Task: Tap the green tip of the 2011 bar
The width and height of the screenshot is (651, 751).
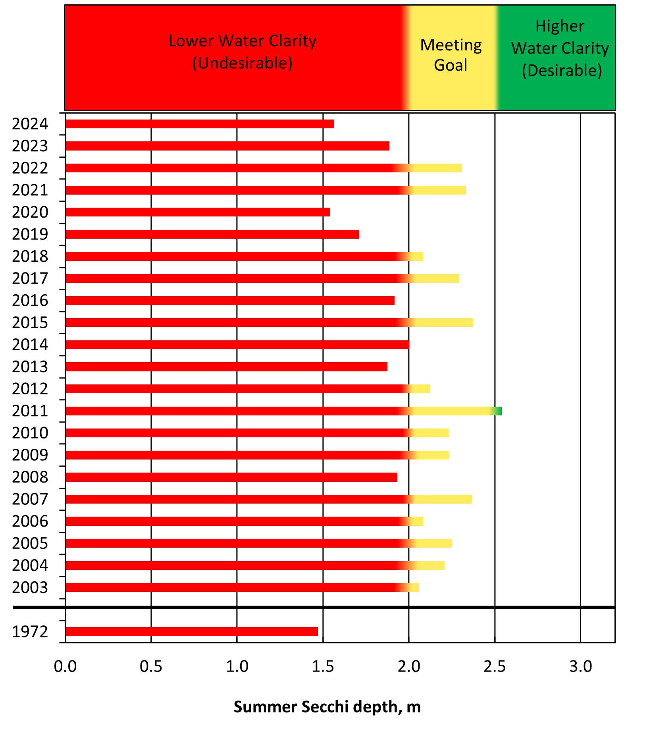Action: (x=499, y=411)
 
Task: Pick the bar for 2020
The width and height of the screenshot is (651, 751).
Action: (x=197, y=212)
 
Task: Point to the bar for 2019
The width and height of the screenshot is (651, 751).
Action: (x=212, y=234)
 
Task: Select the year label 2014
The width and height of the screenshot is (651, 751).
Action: (x=30, y=345)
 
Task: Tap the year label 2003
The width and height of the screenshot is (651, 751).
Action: (x=30, y=587)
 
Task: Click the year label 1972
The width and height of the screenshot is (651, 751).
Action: (x=30, y=631)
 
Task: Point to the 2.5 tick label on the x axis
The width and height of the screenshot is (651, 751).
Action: (x=495, y=666)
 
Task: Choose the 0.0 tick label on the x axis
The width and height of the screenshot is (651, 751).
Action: (x=65, y=666)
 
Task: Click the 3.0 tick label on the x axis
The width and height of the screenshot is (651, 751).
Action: (x=580, y=666)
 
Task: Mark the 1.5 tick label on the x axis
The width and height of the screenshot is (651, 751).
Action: (x=323, y=666)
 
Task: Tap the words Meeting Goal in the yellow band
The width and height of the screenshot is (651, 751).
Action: (x=451, y=55)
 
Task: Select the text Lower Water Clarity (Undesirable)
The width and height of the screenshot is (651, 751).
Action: (x=242, y=52)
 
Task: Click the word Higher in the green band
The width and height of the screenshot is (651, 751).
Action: (x=560, y=26)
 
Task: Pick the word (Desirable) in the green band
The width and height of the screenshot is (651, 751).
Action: (x=562, y=71)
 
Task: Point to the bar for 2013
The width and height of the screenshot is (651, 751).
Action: (x=226, y=367)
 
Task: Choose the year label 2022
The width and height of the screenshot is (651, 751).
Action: (x=30, y=168)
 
